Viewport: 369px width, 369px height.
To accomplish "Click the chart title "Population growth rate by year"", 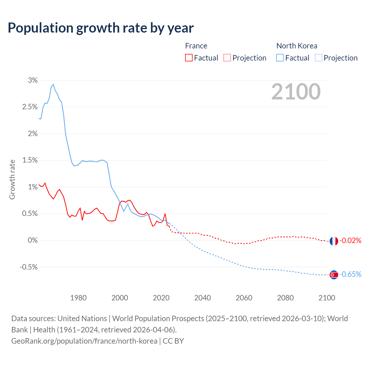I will (x=101, y=28).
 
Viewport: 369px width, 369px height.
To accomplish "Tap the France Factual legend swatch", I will (x=189, y=58).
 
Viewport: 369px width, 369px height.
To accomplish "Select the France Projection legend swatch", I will (x=227, y=58).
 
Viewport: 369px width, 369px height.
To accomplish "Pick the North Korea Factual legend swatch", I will (x=280, y=58).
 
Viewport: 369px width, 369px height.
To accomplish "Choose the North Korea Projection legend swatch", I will (x=318, y=58).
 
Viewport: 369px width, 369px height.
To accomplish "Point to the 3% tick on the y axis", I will (x=33, y=80).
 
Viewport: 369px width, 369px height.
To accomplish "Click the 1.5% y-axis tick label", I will (x=30, y=160).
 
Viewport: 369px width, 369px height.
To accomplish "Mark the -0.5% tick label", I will (x=29, y=267).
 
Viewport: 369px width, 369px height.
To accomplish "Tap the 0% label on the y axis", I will (x=33, y=240).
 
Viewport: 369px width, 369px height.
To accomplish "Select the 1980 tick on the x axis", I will (x=78, y=298).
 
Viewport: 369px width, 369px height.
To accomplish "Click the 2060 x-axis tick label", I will (x=244, y=298).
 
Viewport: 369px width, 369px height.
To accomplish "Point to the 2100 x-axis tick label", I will (x=327, y=298).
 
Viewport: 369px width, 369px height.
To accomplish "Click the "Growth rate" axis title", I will (x=12, y=179).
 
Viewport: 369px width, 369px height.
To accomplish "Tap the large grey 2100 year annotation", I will (x=296, y=92).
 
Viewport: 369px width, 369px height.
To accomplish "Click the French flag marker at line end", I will (x=334, y=241).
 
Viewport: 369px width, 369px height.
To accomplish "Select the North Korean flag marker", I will (x=334, y=275).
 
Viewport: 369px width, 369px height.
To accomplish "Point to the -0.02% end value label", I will (x=350, y=240).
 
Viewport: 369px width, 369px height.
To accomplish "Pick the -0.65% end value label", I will (x=350, y=274).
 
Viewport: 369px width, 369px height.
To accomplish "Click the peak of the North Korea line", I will (x=53, y=84).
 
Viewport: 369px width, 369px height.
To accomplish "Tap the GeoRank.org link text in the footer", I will (x=84, y=341).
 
